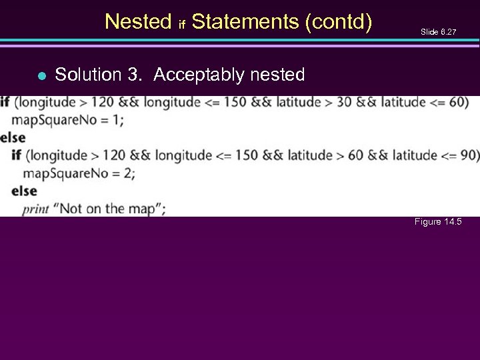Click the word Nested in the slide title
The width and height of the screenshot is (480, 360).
click(138, 22)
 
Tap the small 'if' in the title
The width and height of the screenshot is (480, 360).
click(181, 25)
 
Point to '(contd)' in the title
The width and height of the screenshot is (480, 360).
click(338, 22)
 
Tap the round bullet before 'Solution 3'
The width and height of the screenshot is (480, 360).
click(41, 75)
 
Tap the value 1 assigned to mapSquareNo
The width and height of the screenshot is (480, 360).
click(118, 120)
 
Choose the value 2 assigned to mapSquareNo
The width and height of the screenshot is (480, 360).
click(129, 173)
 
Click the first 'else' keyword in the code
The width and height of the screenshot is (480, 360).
click(13, 138)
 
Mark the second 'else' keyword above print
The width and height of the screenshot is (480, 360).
click(24, 191)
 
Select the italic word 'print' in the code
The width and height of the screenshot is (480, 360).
click(36, 209)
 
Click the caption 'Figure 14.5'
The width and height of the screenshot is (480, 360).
click(438, 222)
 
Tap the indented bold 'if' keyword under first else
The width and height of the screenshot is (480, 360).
click(17, 155)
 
